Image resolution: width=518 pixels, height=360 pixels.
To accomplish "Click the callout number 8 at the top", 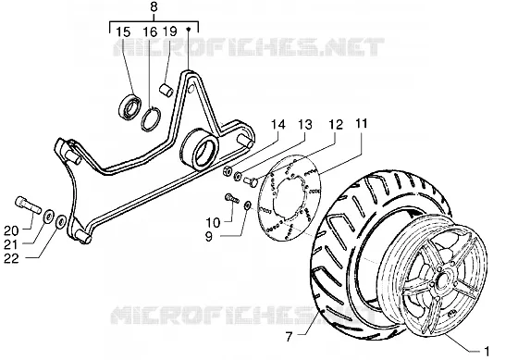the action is (154, 7).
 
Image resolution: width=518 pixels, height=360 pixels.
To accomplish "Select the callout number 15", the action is (123, 32).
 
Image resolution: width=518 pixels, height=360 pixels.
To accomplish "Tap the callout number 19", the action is (170, 31).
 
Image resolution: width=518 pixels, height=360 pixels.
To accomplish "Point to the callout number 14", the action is (277, 125).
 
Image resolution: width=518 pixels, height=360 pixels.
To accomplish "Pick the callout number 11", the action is (361, 124).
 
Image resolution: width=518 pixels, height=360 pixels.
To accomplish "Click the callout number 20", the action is (11, 230).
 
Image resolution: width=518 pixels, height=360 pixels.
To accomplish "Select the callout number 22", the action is (11, 258).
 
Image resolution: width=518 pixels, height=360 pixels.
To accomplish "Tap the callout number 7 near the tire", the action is (289, 337).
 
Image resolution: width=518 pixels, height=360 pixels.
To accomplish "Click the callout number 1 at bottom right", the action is (487, 351).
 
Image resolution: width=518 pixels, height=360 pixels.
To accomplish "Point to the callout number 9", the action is (209, 237).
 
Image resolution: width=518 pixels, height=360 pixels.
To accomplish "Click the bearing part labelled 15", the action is (129, 106).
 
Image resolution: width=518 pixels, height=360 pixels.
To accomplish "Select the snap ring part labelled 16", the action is (151, 119).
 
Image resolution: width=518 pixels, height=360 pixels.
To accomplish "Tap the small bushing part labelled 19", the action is (166, 91).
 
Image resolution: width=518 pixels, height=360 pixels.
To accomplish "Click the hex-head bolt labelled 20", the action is (28, 205).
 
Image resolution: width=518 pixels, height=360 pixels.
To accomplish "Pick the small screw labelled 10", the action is (232, 199).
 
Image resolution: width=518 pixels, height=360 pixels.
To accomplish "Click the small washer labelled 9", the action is (247, 205).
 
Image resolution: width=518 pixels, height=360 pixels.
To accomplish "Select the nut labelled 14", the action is (228, 171).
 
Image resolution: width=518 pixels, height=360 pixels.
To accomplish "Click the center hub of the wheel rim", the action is (440, 278).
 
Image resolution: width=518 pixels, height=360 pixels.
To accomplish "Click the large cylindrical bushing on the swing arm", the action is (201, 149).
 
